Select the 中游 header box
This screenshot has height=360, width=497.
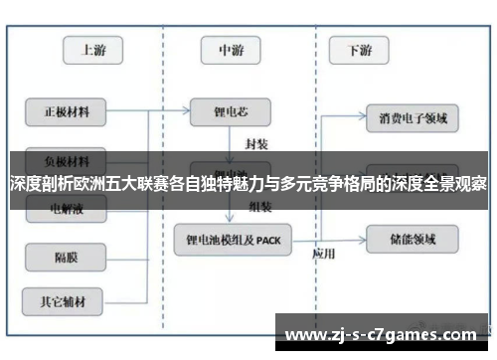point(232,50)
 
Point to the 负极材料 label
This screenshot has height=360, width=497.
point(67,159)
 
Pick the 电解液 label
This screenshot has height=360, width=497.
point(67,210)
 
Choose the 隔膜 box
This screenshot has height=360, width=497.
point(67,258)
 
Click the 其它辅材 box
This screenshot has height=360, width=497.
point(67,298)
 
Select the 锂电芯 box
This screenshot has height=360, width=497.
point(231,110)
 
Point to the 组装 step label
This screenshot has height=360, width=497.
point(259,207)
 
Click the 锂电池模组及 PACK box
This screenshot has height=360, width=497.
point(233,239)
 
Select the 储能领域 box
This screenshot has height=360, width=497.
point(413,238)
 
